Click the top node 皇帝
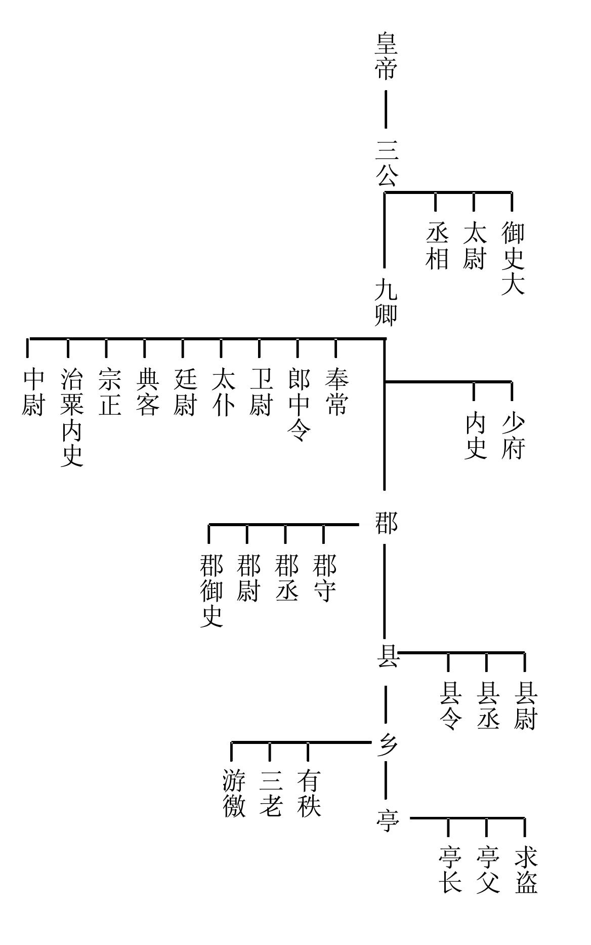click(386, 56)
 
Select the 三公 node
click(386, 163)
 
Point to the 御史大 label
click(513, 258)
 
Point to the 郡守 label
click(324, 578)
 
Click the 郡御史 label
click(211, 590)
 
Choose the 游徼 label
click(234, 793)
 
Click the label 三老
click(271, 793)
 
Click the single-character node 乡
click(387, 745)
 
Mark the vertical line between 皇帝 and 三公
click(386, 109)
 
